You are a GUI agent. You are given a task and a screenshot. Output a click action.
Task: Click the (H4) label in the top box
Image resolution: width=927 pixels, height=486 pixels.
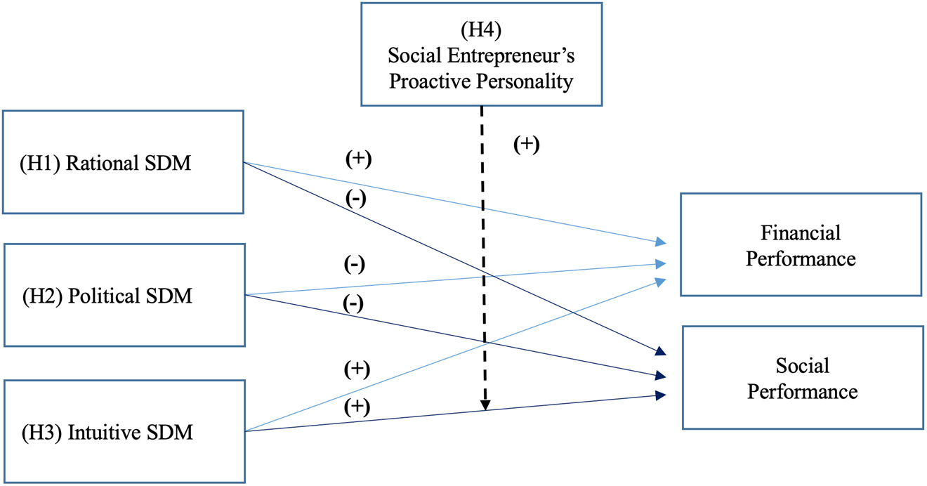(480, 30)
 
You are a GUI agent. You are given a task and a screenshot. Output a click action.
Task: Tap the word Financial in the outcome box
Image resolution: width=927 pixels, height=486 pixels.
(801, 232)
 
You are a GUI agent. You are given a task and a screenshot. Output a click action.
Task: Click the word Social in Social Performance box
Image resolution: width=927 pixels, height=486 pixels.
(802, 365)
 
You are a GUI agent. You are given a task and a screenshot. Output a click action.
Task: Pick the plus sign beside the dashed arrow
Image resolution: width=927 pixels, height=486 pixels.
(526, 144)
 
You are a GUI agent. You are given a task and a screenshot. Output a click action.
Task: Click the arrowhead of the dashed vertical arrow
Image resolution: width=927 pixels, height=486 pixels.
(485, 405)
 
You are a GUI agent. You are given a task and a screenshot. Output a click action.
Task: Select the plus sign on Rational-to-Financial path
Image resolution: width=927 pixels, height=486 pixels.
(358, 159)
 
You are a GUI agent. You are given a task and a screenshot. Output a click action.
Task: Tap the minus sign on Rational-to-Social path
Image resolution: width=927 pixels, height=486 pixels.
(356, 199)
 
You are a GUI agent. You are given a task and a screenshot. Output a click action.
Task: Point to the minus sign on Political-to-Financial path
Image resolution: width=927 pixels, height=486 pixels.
(354, 265)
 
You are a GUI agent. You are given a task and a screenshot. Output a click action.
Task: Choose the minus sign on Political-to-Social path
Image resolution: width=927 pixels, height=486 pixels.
(353, 303)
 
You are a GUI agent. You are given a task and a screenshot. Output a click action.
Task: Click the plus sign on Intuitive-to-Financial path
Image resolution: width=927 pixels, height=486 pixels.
(357, 369)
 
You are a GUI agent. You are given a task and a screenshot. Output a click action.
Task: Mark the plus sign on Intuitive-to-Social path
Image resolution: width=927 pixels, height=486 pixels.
(357, 407)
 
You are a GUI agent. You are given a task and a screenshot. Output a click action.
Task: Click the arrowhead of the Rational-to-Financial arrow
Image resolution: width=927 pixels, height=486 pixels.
(661, 242)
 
